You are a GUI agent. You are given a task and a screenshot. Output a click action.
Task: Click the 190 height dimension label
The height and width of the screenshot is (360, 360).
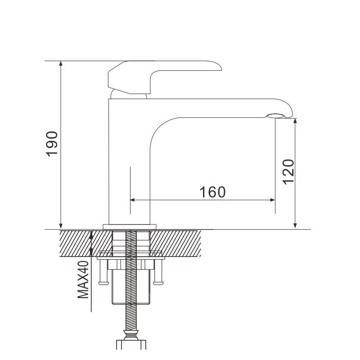[x=52, y=144]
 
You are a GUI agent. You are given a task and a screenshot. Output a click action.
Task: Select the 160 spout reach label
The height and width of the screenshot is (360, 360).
[x=212, y=192]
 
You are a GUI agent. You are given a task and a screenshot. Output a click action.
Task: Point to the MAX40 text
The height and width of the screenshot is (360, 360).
[x=83, y=279]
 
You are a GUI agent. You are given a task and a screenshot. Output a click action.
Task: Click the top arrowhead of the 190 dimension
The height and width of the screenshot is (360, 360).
[x=61, y=63]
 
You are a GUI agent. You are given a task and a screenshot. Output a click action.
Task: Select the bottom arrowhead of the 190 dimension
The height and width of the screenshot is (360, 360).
[x=61, y=226]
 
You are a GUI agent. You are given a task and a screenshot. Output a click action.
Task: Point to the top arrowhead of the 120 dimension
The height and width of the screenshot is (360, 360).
[x=295, y=121]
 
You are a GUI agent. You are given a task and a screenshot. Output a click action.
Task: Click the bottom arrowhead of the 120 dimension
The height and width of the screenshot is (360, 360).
[x=295, y=226]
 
